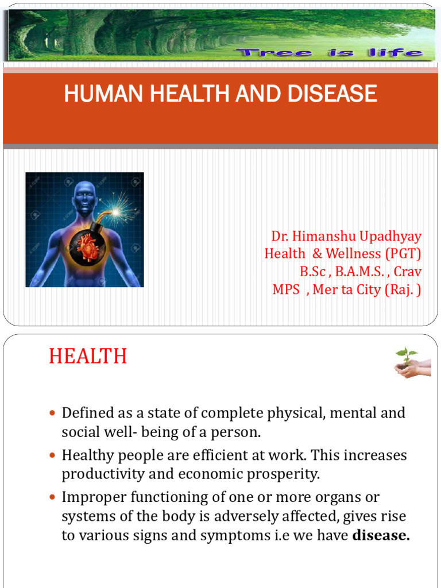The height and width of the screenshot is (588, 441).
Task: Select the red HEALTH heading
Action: pyautogui.click(x=87, y=357)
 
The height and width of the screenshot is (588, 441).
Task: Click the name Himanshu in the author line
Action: pyautogui.click(x=323, y=237)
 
